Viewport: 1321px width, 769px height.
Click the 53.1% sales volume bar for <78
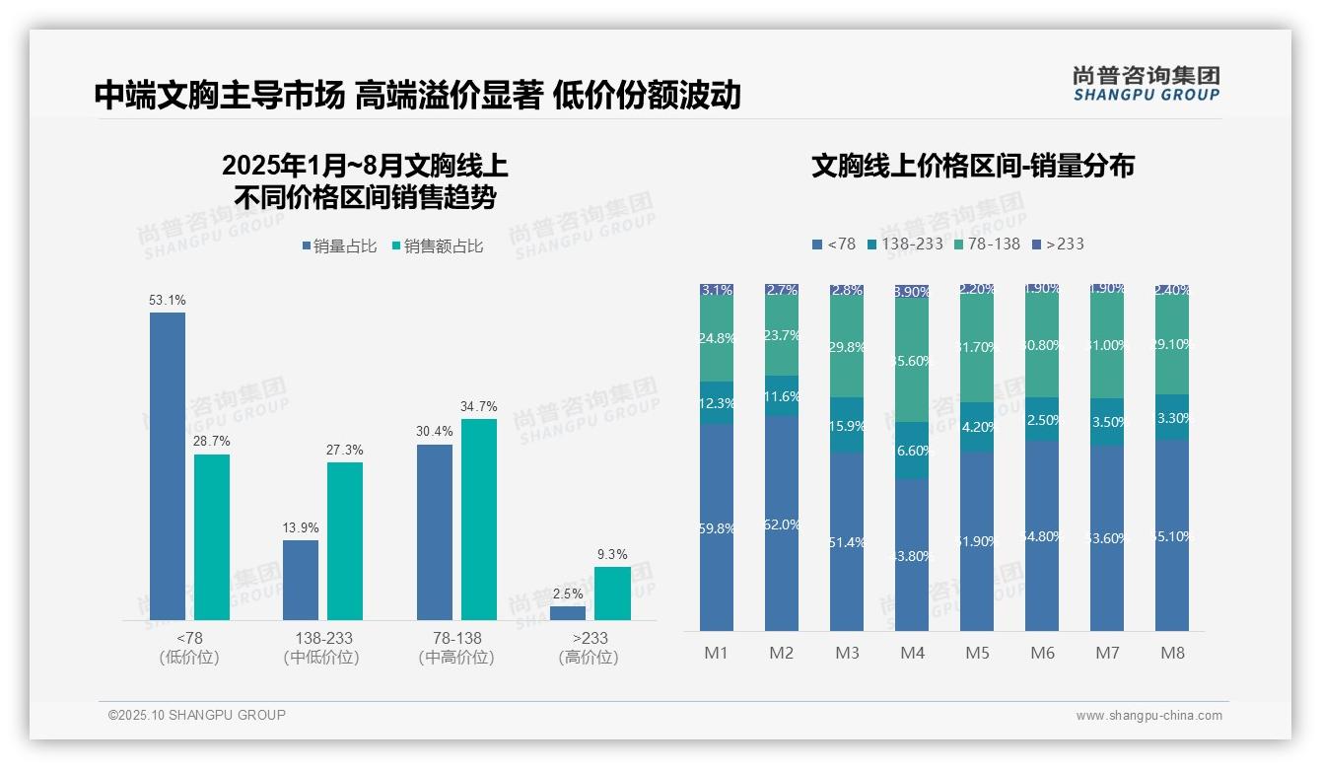pyautogui.click(x=167, y=465)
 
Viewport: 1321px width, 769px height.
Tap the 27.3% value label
pyautogui.click(x=344, y=450)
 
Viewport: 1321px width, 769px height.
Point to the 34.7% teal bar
pyautogui.click(x=478, y=519)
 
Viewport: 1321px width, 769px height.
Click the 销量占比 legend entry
pyautogui.click(x=338, y=246)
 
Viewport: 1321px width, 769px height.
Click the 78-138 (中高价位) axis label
pyautogui.click(x=456, y=648)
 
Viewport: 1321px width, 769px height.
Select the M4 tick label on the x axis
pyautogui.click(x=912, y=653)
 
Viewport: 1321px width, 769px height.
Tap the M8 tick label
pyautogui.click(x=1172, y=653)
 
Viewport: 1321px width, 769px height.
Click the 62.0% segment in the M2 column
pyautogui.click(x=782, y=524)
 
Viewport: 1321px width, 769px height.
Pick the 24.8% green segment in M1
pyautogui.click(x=717, y=338)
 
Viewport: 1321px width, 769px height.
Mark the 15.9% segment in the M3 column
pyautogui.click(x=847, y=426)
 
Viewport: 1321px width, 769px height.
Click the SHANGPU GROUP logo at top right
pyautogui.click(x=1146, y=84)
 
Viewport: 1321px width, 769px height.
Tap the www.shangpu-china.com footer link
pyautogui.click(x=1148, y=716)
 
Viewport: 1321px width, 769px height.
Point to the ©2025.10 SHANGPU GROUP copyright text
pyautogui.click(x=197, y=715)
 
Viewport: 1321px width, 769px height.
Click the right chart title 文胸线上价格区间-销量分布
pyautogui.click(x=972, y=166)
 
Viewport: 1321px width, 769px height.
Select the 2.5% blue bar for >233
pyautogui.click(x=567, y=612)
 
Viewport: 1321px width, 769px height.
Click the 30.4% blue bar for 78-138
pyautogui.click(x=435, y=531)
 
